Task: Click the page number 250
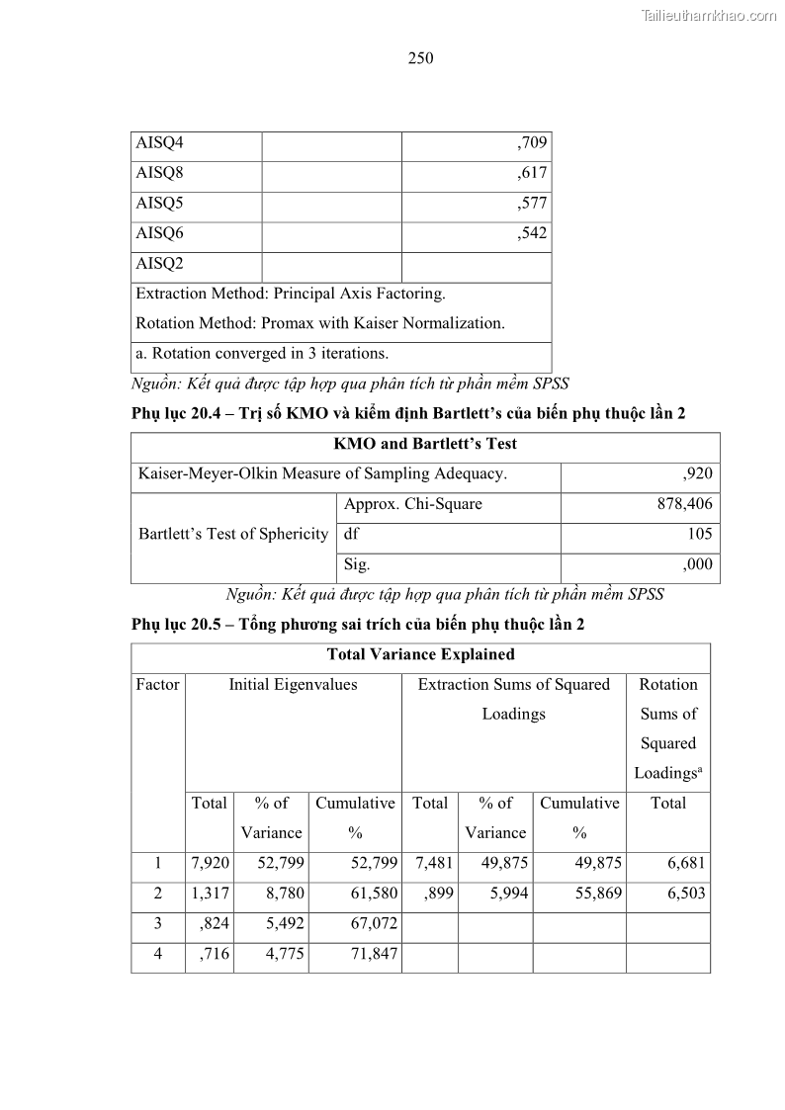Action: click(x=420, y=58)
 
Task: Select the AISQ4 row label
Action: click(x=159, y=143)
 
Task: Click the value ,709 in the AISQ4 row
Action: click(x=532, y=143)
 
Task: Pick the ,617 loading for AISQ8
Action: click(x=532, y=174)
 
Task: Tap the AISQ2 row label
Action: click(x=159, y=264)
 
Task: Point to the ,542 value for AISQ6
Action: click(x=532, y=234)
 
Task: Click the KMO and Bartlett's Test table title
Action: click(x=425, y=445)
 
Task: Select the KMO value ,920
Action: click(x=697, y=474)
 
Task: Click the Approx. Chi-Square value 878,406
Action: click(x=684, y=504)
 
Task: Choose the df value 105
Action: click(x=698, y=535)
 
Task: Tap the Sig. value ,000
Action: click(x=697, y=565)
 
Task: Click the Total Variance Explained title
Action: click(x=420, y=654)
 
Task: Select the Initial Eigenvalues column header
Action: click(x=293, y=685)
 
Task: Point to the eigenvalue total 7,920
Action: click(x=210, y=863)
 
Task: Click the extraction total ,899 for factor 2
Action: click(x=437, y=894)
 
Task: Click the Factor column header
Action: click(x=158, y=685)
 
